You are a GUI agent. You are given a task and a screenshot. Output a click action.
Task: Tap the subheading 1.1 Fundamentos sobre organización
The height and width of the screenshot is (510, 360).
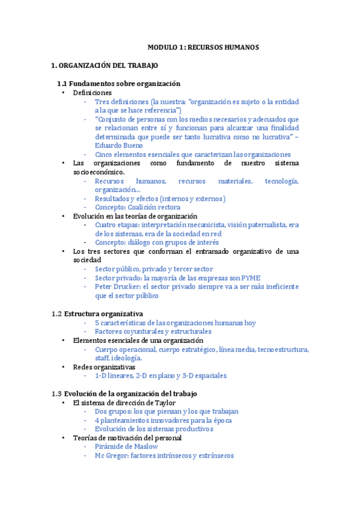click(118, 84)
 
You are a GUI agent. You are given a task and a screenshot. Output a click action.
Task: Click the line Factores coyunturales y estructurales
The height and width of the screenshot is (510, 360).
click(153, 331)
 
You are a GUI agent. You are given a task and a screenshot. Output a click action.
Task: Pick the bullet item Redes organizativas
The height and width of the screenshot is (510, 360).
click(103, 367)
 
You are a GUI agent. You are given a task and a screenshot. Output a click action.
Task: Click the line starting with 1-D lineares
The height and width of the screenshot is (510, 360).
click(160, 376)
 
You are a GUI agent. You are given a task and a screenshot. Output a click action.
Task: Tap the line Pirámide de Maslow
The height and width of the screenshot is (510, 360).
click(126, 447)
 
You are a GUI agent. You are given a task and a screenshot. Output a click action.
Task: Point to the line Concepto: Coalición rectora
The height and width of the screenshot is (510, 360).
click(138, 207)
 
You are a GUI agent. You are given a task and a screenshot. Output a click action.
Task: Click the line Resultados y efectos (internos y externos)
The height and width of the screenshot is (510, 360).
click(160, 198)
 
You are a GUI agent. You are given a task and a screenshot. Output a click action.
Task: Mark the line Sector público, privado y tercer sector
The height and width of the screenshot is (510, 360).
click(154, 269)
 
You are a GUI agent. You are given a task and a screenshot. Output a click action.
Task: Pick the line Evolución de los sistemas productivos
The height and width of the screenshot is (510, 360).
click(154, 429)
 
